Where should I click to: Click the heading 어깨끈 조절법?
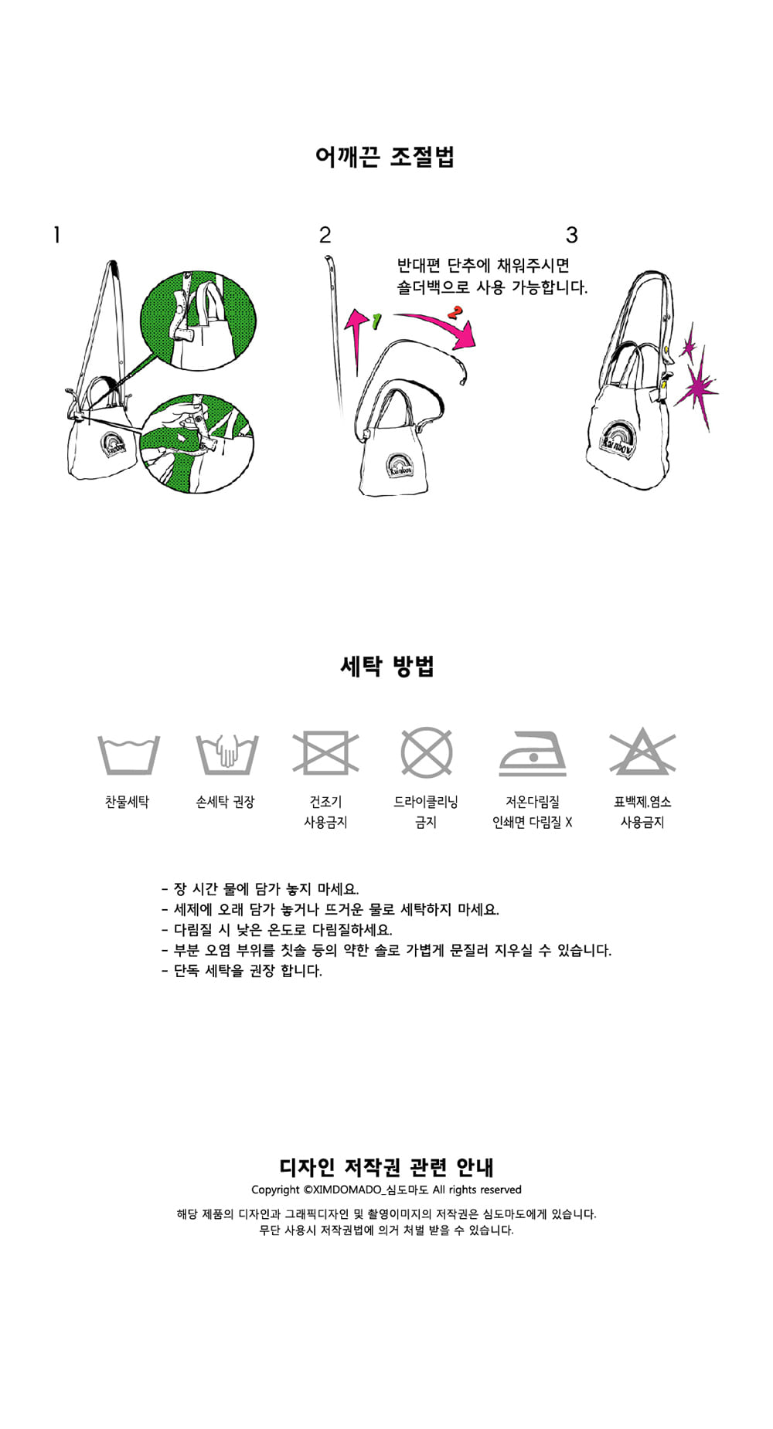tap(385, 157)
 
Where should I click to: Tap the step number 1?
tap(56, 235)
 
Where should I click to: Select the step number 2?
tap(325, 235)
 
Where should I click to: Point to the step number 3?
tap(572, 235)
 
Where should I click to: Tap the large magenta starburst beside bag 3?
tap(697, 384)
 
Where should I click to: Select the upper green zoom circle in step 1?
tap(198, 319)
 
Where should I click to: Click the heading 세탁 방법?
tap(387, 666)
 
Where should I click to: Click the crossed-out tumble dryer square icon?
tap(325, 752)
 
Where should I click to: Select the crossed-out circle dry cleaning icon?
tap(426, 752)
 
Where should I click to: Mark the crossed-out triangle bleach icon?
tap(642, 751)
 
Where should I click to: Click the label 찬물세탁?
tap(127, 802)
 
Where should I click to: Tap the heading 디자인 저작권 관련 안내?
tap(386, 1166)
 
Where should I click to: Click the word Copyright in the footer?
tap(275, 1190)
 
